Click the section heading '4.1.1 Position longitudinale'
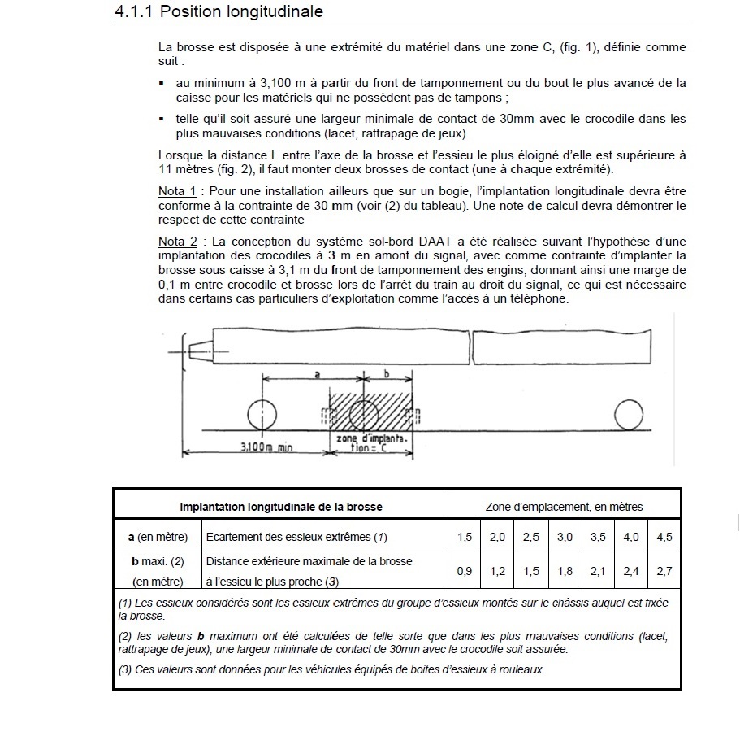[219, 11]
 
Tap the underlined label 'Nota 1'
[177, 191]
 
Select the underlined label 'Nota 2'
[177, 242]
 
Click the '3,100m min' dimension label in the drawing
[266, 447]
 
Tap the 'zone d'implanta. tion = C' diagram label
[371, 443]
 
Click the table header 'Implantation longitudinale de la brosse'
[281, 507]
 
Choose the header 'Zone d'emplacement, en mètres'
[564, 507]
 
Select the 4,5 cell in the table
[664, 537]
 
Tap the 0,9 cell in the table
[465, 571]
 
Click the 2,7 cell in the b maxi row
[664, 571]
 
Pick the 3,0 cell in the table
[565, 537]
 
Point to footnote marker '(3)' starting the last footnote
[125, 669]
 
